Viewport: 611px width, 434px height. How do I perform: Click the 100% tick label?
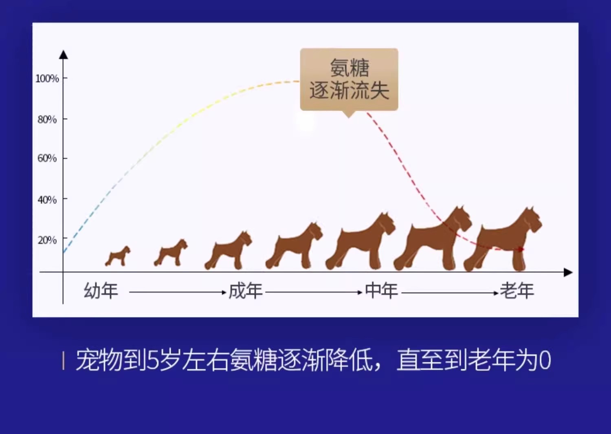[47, 79]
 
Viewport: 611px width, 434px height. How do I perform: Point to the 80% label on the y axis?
[47, 119]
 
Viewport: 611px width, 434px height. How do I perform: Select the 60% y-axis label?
[47, 158]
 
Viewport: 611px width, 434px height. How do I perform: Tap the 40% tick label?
[47, 200]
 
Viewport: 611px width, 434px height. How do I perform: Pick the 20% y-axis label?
[47, 240]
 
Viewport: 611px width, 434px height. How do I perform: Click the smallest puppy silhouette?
[118, 256]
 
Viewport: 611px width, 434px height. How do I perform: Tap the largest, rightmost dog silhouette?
[503, 239]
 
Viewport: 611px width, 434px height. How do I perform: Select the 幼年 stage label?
[101, 291]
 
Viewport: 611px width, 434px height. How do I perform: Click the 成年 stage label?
[246, 291]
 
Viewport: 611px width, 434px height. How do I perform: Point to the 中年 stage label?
[381, 291]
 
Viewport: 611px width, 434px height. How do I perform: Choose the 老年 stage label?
[517, 291]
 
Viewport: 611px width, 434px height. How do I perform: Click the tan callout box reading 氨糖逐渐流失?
[349, 80]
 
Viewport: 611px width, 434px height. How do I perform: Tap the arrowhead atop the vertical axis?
[64, 55]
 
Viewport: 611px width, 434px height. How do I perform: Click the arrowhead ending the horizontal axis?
[568, 272]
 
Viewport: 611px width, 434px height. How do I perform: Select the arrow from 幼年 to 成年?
[178, 292]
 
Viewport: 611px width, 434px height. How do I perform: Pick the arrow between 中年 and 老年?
[450, 293]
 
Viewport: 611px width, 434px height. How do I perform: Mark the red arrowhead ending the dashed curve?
[521, 249]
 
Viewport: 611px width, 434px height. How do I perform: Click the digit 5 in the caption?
[152, 360]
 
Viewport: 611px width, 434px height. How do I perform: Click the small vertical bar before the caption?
[63, 361]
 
